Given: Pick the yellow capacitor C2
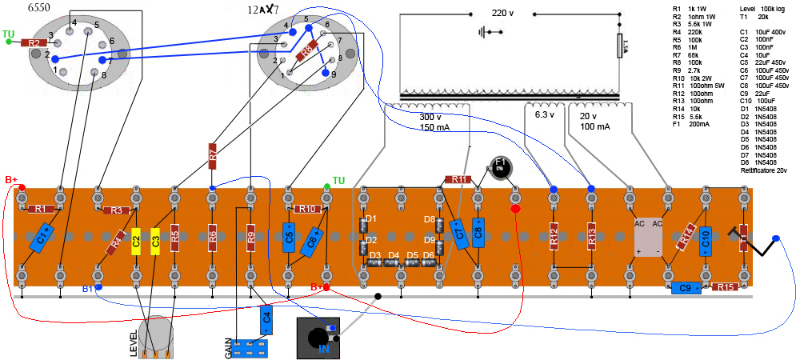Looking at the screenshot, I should pos(136,239).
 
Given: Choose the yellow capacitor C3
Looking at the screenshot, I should pos(155,239).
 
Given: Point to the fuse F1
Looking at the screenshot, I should pos(500,167).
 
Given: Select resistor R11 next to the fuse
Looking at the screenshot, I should pos(457,180).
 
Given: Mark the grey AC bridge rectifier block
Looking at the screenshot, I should pos(649,237).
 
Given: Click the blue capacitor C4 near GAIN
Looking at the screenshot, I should pos(266,317).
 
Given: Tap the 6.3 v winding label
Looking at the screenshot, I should pos(545,114).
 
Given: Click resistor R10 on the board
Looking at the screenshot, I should pos(306,209).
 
